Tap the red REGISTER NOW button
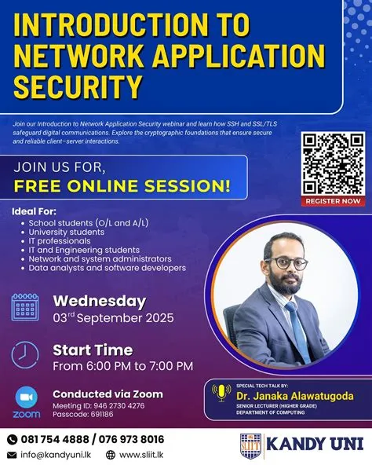coord(332,201)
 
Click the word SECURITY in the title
coord(79,85)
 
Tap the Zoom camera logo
coord(27,397)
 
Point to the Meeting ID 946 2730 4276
coord(98,406)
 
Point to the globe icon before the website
coord(111,455)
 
